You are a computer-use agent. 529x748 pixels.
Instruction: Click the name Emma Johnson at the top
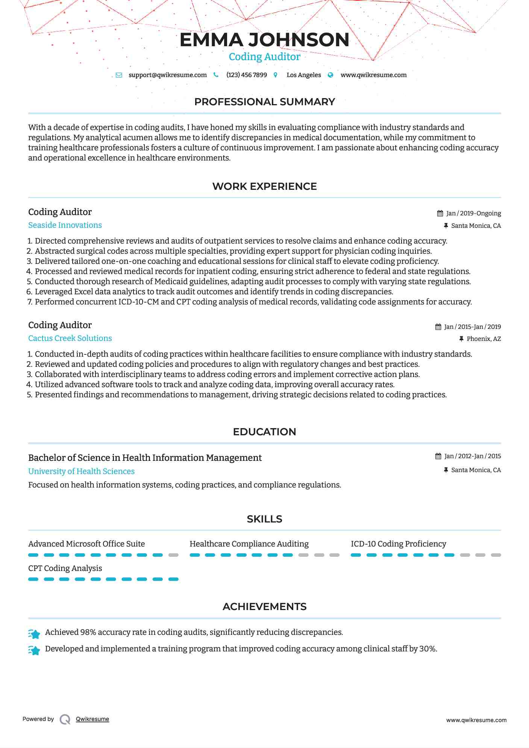264,40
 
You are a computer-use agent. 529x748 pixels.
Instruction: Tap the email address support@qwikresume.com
167,75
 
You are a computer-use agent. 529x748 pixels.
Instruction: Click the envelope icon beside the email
119,75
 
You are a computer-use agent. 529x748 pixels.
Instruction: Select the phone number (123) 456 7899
247,75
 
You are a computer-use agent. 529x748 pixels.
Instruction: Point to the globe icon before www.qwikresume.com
330,75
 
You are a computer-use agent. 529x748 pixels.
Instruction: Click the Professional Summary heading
264,102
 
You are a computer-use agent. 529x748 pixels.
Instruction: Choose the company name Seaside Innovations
65,225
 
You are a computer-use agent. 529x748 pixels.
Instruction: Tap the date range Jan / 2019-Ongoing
473,213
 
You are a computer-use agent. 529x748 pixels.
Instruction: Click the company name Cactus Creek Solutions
70,338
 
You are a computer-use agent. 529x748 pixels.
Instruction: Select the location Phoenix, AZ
484,339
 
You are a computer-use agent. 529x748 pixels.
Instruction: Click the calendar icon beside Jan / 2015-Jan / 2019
438,327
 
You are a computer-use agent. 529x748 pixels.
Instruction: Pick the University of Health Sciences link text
81,471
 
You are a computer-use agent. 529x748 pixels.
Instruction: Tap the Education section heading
264,432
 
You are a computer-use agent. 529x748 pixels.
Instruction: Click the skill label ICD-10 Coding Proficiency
398,544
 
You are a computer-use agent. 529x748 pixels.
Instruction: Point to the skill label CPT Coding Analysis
65,568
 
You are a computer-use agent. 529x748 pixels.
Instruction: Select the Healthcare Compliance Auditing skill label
249,544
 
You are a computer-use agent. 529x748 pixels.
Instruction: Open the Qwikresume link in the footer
92,719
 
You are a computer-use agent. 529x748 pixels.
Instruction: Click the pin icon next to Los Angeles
276,75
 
